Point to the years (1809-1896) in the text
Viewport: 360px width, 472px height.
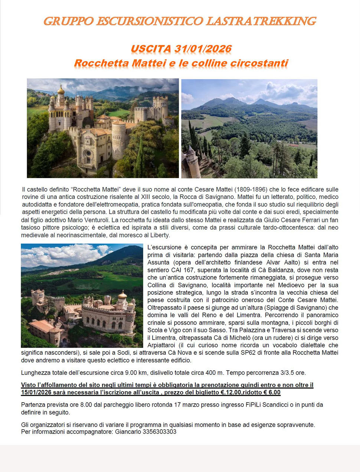pyautogui.click(x=249, y=189)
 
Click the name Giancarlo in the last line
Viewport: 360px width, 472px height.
pyautogui.click(x=128, y=432)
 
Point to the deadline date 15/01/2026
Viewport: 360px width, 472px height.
pyautogui.click(x=36, y=393)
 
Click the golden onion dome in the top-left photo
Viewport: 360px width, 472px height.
pyautogui.click(x=61, y=90)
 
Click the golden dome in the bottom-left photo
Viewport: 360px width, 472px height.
pyautogui.click(x=122, y=295)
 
